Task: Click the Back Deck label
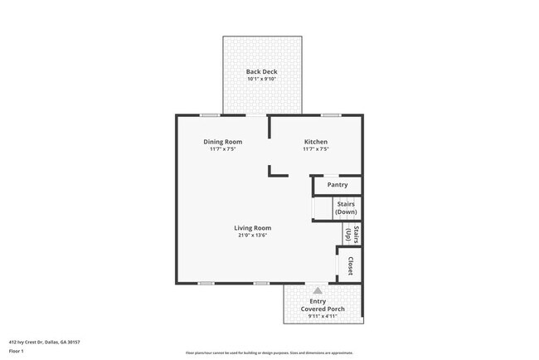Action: tap(261, 72)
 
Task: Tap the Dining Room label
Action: tap(223, 142)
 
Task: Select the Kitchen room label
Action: tap(316, 142)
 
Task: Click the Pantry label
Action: tap(337, 185)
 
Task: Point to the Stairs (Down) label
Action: tap(346, 208)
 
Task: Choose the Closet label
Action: tap(352, 266)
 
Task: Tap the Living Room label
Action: tap(252, 228)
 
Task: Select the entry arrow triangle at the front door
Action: tap(318, 289)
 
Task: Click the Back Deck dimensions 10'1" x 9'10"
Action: tap(261, 80)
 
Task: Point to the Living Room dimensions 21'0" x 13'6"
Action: tap(252, 236)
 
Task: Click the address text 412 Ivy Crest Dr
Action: tap(45, 342)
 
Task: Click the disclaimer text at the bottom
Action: tap(269, 352)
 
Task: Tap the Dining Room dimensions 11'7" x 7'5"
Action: tap(223, 149)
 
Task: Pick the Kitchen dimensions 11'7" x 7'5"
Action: tap(316, 149)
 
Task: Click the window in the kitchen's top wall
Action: tap(332, 114)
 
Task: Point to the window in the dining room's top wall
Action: tap(211, 114)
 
